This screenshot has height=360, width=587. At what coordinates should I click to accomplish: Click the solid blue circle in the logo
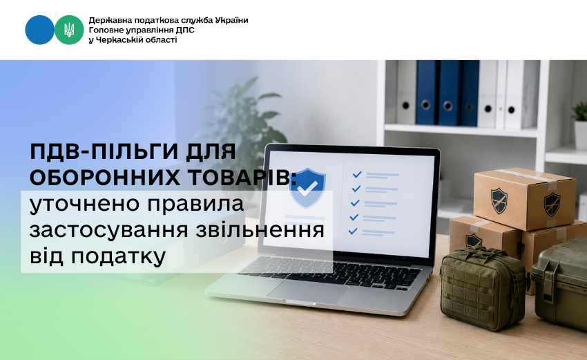[x=39, y=30]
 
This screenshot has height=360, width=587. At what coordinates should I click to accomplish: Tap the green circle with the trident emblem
[x=69, y=30]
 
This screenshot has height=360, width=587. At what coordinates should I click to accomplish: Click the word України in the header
[x=231, y=20]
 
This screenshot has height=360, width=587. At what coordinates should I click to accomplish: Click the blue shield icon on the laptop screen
[x=307, y=188]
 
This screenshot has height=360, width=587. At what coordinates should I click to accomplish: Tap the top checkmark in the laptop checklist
[x=357, y=174]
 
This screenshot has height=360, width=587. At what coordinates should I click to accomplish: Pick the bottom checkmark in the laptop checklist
[x=353, y=231]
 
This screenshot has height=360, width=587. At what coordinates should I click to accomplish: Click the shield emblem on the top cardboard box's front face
[x=499, y=200]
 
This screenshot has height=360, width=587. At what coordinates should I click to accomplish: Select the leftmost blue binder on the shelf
[x=427, y=93]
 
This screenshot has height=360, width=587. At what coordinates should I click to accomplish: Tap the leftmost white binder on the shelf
[x=406, y=92]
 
